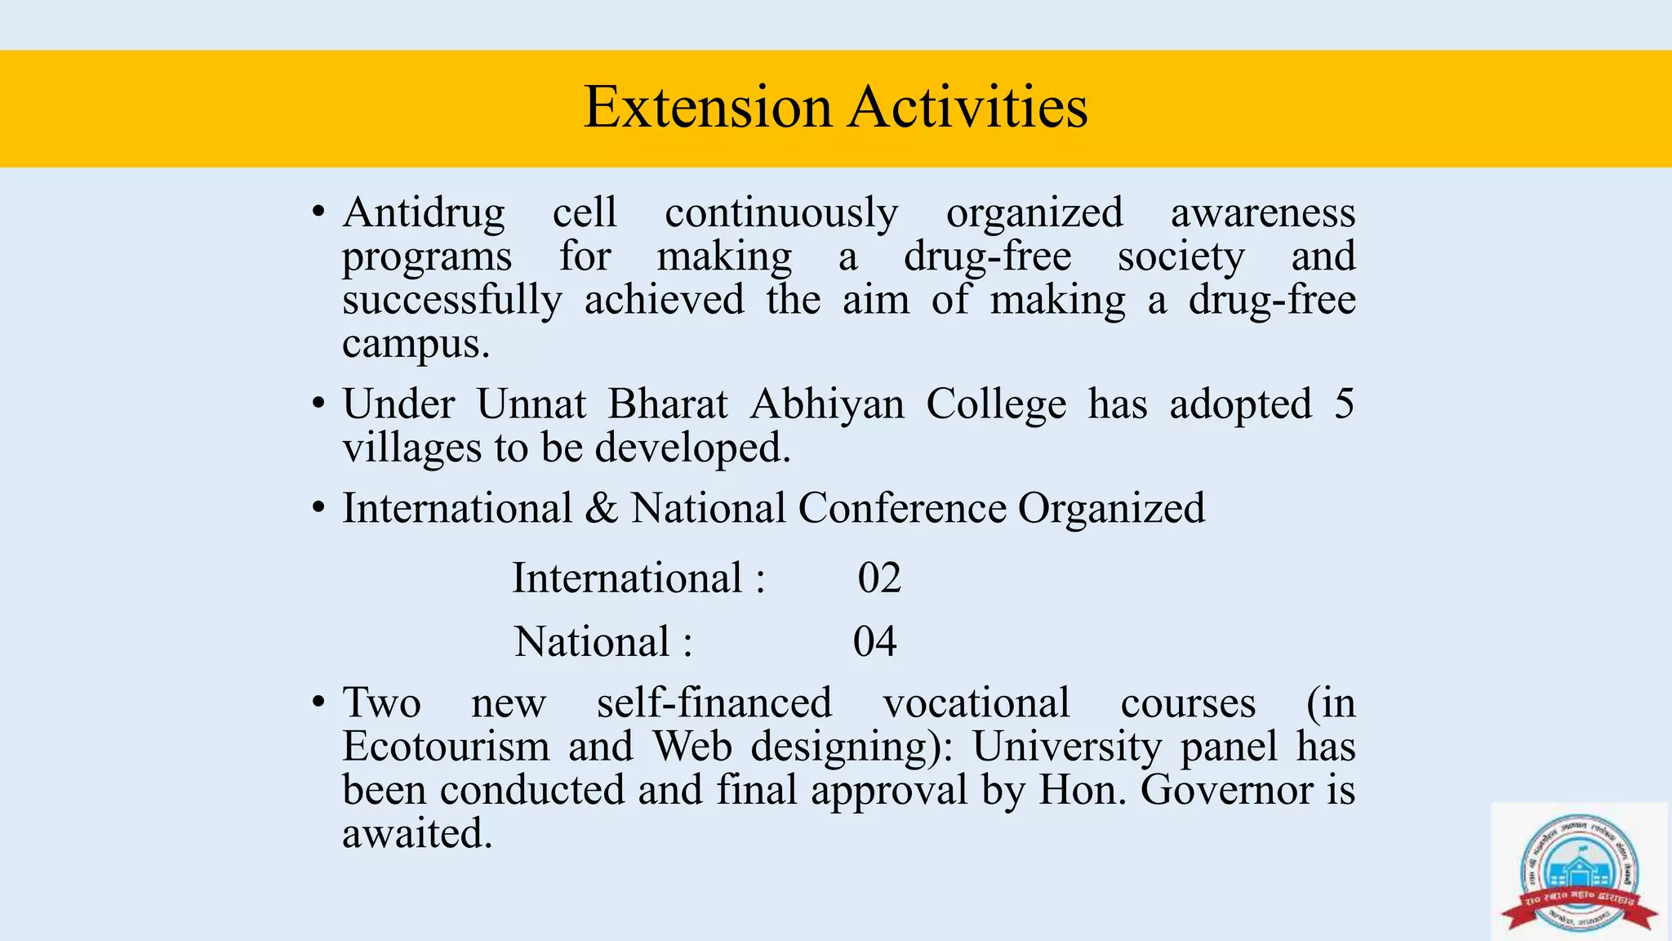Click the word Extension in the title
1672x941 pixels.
[708, 107]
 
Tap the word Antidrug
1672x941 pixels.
[424, 213]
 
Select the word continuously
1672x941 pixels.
[781, 213]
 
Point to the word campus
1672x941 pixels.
[416, 345]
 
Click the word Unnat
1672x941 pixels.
[531, 404]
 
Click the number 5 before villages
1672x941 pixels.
[1344, 404]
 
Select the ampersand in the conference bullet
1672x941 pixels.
[601, 508]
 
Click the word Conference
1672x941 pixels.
[902, 508]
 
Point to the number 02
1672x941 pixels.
[879, 578]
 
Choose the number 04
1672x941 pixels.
[875, 642]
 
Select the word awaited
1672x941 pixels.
[417, 834]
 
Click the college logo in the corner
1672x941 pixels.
[1579, 872]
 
